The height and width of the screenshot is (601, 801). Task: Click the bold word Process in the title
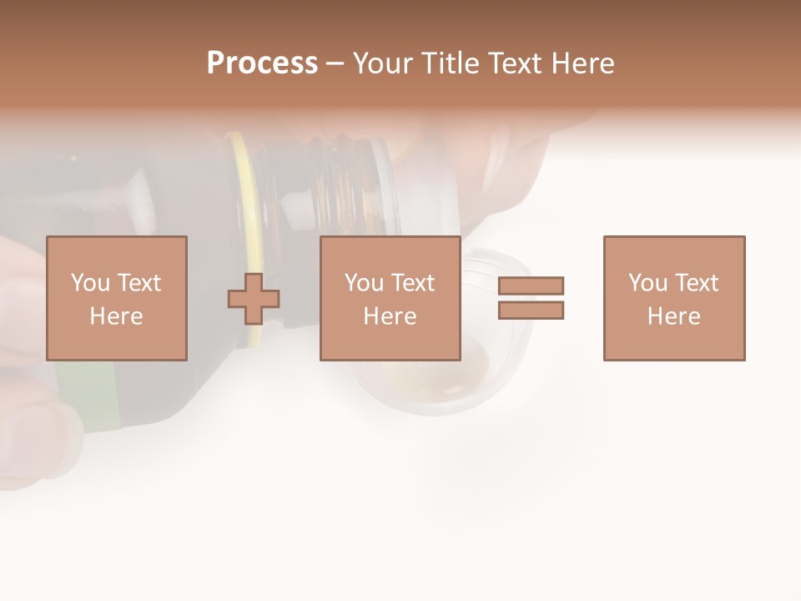click(262, 63)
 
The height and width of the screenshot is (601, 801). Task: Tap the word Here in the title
click(582, 63)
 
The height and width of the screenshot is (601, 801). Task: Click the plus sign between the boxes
click(254, 298)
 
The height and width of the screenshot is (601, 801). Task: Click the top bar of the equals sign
click(531, 285)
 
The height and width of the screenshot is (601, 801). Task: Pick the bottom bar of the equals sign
click(531, 311)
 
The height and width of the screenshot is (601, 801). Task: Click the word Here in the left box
click(116, 316)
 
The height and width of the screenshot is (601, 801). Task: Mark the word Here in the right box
click(673, 316)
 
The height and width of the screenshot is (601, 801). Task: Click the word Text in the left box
click(139, 283)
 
